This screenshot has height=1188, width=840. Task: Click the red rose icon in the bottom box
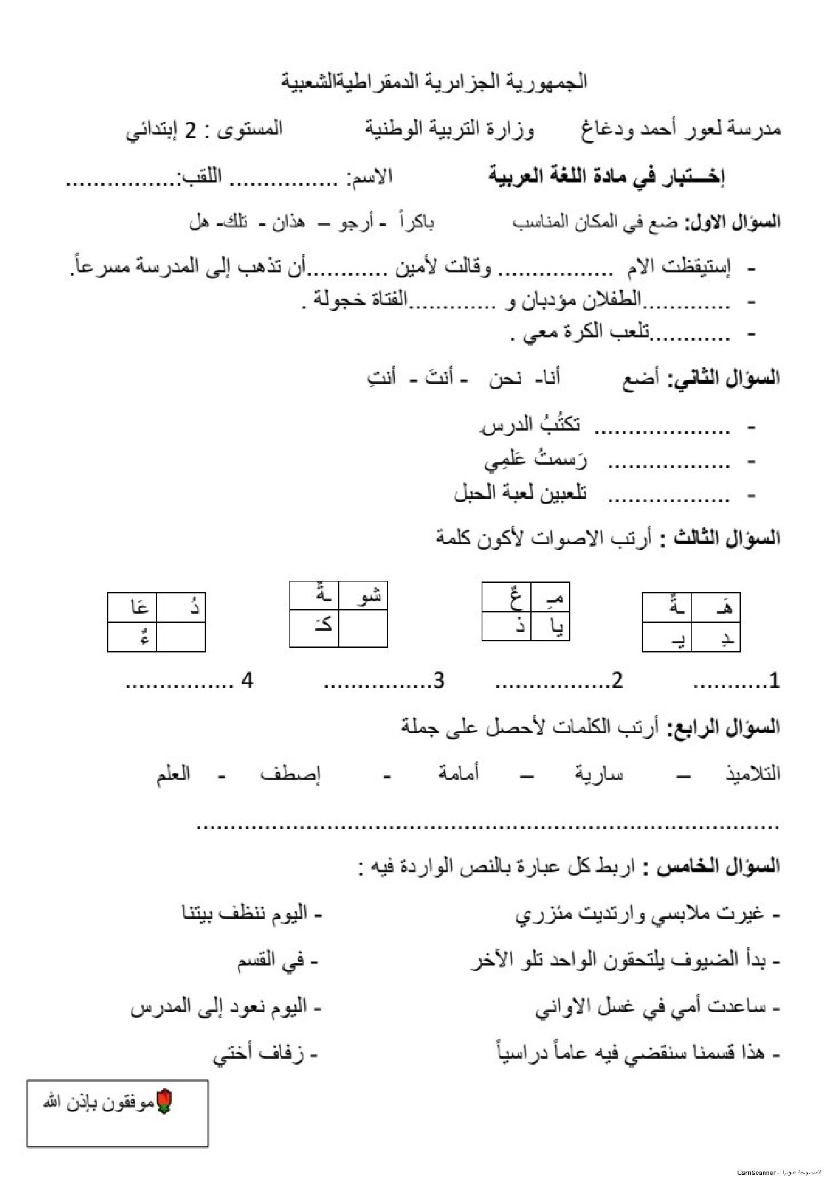pyautogui.click(x=164, y=1101)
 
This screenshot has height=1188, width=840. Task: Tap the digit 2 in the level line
pyautogui.click(x=190, y=130)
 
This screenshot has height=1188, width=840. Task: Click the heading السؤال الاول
pyautogui.click(x=732, y=222)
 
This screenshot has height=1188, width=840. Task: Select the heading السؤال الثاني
pyautogui.click(x=724, y=379)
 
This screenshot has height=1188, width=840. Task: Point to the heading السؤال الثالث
pyautogui.click(x=721, y=538)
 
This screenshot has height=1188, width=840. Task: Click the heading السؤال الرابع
pyautogui.click(x=724, y=727)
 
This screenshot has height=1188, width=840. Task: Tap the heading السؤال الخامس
pyautogui.click(x=718, y=866)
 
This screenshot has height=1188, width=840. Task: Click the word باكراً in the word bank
pyautogui.click(x=417, y=222)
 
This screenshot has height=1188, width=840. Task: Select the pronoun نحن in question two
pyautogui.click(x=505, y=379)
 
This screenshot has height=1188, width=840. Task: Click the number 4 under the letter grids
pyautogui.click(x=247, y=681)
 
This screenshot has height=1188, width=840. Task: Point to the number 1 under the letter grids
pyautogui.click(x=774, y=681)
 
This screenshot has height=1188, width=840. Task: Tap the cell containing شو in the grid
pyautogui.click(x=363, y=596)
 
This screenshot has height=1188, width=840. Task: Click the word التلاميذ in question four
pyautogui.click(x=752, y=774)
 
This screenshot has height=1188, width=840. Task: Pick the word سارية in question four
pyautogui.click(x=599, y=774)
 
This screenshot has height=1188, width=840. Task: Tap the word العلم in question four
pyautogui.click(x=173, y=774)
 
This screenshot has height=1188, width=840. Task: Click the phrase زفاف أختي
pyautogui.click(x=259, y=1054)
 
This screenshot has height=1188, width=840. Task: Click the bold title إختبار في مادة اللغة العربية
pyautogui.click(x=606, y=176)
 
